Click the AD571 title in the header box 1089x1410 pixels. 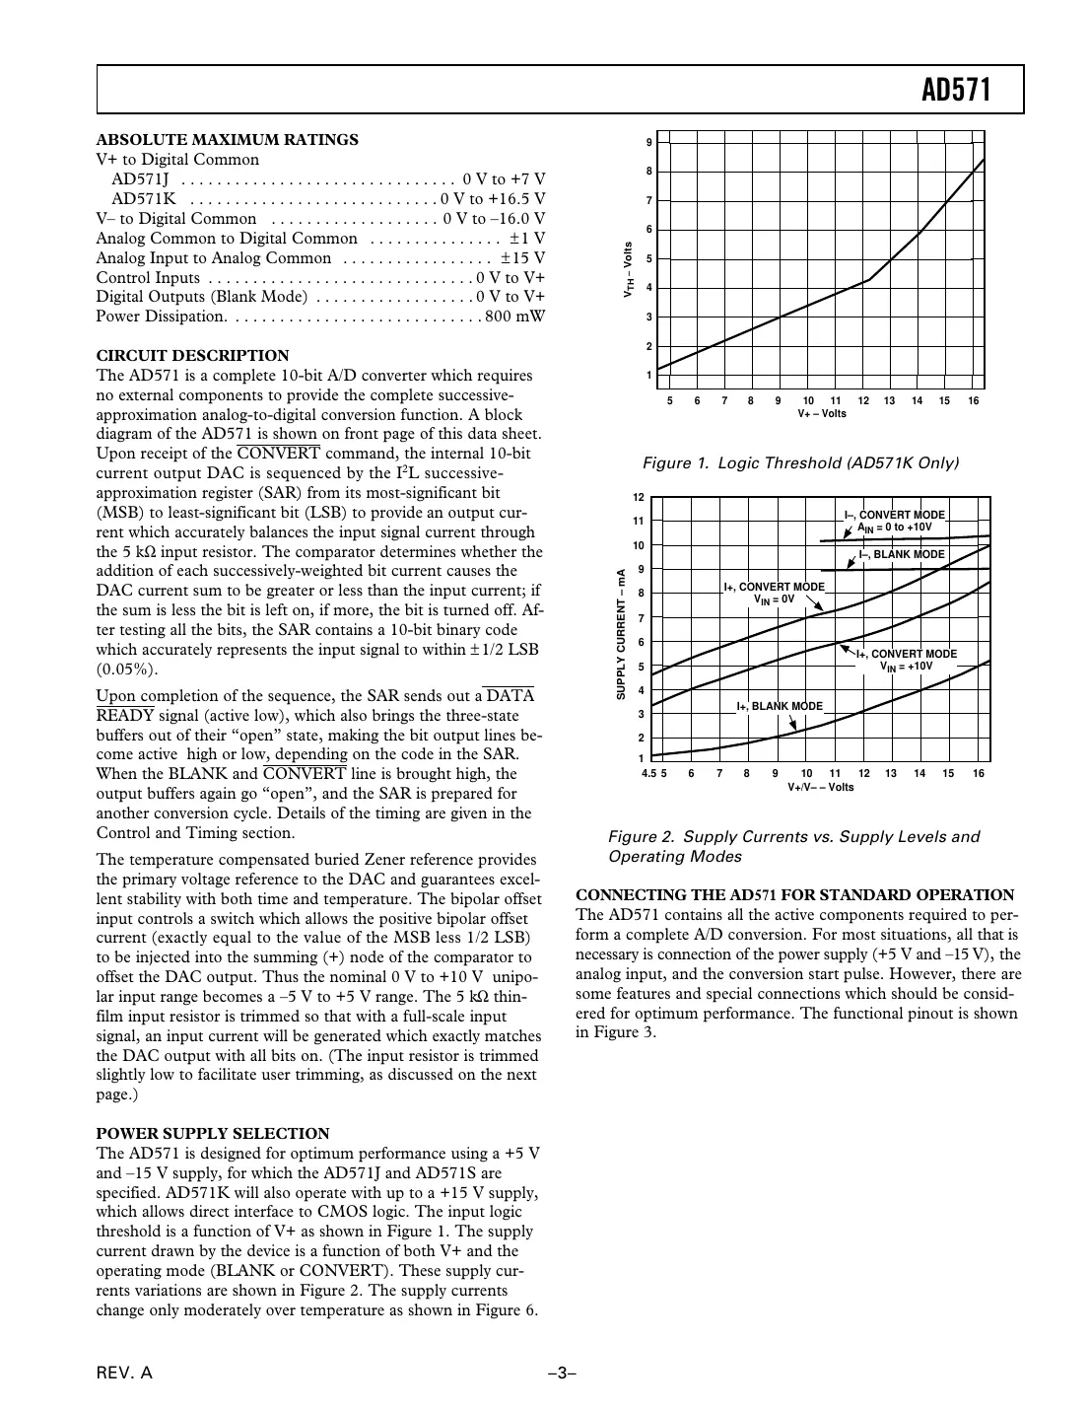(955, 92)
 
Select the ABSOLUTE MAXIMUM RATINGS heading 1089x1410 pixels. (227, 139)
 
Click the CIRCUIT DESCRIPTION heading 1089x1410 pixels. (192, 355)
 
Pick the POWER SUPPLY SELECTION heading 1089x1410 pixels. (212, 1133)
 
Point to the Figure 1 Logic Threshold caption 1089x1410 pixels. (800, 462)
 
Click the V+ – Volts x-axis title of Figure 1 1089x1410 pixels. (821, 413)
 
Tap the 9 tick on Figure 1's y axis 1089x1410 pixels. (648, 143)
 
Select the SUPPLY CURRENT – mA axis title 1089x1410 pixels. (621, 634)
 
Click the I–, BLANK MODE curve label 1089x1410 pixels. (901, 554)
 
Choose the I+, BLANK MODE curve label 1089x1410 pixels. (779, 706)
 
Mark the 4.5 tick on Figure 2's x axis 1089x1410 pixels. (648, 774)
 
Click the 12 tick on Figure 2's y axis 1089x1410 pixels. (639, 497)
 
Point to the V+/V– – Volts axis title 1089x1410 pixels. (820, 787)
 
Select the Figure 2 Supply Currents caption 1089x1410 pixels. (793, 846)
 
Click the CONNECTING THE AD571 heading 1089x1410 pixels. (794, 894)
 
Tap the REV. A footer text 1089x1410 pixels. (124, 1374)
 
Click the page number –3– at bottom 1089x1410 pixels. (562, 1374)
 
